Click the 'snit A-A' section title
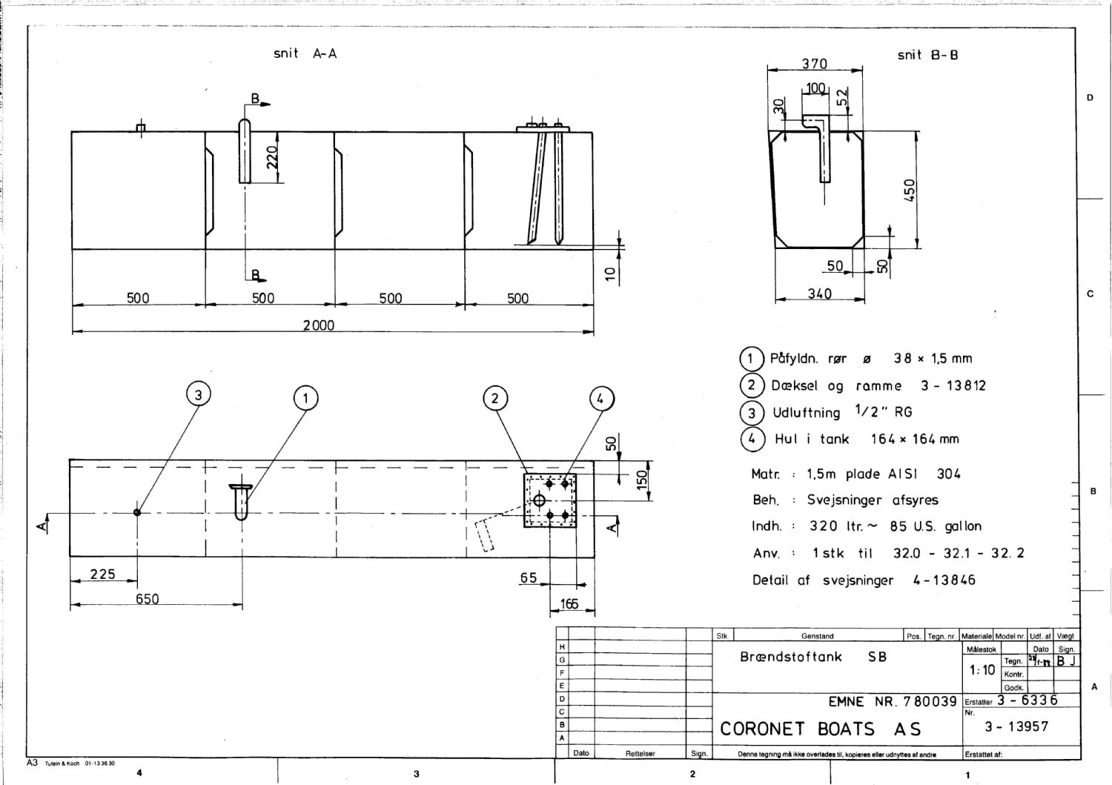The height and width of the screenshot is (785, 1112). click(x=305, y=53)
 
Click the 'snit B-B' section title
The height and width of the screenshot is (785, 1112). click(x=927, y=55)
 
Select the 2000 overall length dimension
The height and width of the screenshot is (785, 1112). click(x=319, y=325)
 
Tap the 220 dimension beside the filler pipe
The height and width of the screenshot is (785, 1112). click(x=272, y=156)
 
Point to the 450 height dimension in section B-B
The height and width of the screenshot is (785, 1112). click(x=910, y=190)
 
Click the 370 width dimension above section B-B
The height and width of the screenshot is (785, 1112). click(x=814, y=64)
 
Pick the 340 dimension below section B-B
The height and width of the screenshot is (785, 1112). click(x=819, y=294)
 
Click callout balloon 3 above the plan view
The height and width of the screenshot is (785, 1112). click(x=198, y=395)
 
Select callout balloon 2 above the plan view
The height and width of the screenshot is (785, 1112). click(x=495, y=399)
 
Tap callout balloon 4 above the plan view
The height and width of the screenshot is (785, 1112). click(x=601, y=400)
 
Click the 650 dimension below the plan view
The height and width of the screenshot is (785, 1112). click(x=147, y=599)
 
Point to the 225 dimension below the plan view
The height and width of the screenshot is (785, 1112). click(x=102, y=574)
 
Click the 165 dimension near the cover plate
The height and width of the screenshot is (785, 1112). click(x=569, y=604)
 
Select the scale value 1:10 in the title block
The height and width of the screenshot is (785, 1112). click(x=982, y=670)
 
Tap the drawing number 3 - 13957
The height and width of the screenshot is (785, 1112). click(x=1016, y=726)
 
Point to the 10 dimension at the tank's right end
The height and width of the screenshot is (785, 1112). click(x=610, y=274)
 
